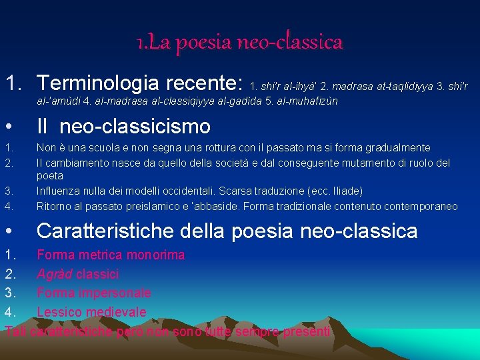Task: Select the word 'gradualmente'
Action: click(399, 148)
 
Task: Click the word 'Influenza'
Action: click(58, 191)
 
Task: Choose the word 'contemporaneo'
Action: click(421, 207)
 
